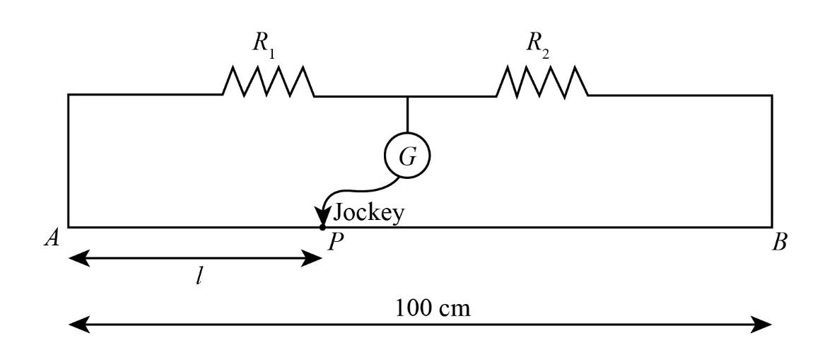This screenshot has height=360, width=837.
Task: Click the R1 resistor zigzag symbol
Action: [269, 81]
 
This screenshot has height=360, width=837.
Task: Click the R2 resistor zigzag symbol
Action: [542, 81]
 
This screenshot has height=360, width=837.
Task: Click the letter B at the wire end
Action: [780, 243]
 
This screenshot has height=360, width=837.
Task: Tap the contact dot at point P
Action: [322, 227]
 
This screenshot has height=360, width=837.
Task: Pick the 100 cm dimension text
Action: [433, 308]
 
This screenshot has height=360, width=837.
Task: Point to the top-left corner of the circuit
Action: [69, 95]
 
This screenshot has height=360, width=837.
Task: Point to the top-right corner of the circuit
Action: [771, 95]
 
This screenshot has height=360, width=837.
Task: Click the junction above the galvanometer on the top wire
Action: [407, 95]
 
